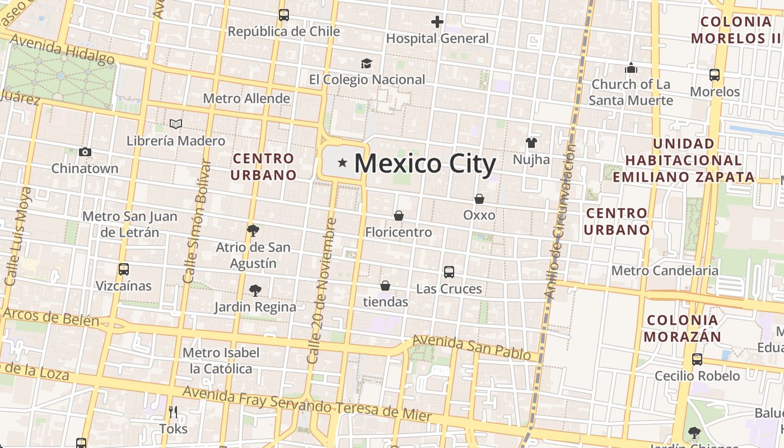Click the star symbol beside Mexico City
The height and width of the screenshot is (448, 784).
point(342,164)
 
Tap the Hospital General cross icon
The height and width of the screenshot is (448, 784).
point(437,22)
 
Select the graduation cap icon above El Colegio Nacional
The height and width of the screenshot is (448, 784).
point(366,63)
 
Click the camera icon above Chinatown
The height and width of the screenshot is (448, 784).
point(85,152)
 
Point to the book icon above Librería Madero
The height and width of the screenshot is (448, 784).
point(176,124)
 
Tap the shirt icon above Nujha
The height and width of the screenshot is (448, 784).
point(531,143)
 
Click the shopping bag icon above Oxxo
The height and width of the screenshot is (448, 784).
point(479,199)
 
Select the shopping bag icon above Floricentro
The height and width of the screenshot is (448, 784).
point(399,216)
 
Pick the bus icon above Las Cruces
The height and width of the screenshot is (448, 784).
point(449,272)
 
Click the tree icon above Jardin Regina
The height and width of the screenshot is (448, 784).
point(255,290)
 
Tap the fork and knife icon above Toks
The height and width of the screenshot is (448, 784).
point(173,413)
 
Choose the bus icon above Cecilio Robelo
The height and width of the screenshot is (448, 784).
point(697,360)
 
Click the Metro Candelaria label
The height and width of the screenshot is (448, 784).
point(665,271)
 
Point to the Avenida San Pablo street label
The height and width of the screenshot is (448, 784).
point(472,347)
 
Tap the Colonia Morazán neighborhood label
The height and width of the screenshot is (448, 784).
point(683,328)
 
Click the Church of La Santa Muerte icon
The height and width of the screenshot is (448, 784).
point(631,68)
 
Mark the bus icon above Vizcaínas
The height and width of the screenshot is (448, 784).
point(124,269)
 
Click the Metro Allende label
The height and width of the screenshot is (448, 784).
point(246,99)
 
